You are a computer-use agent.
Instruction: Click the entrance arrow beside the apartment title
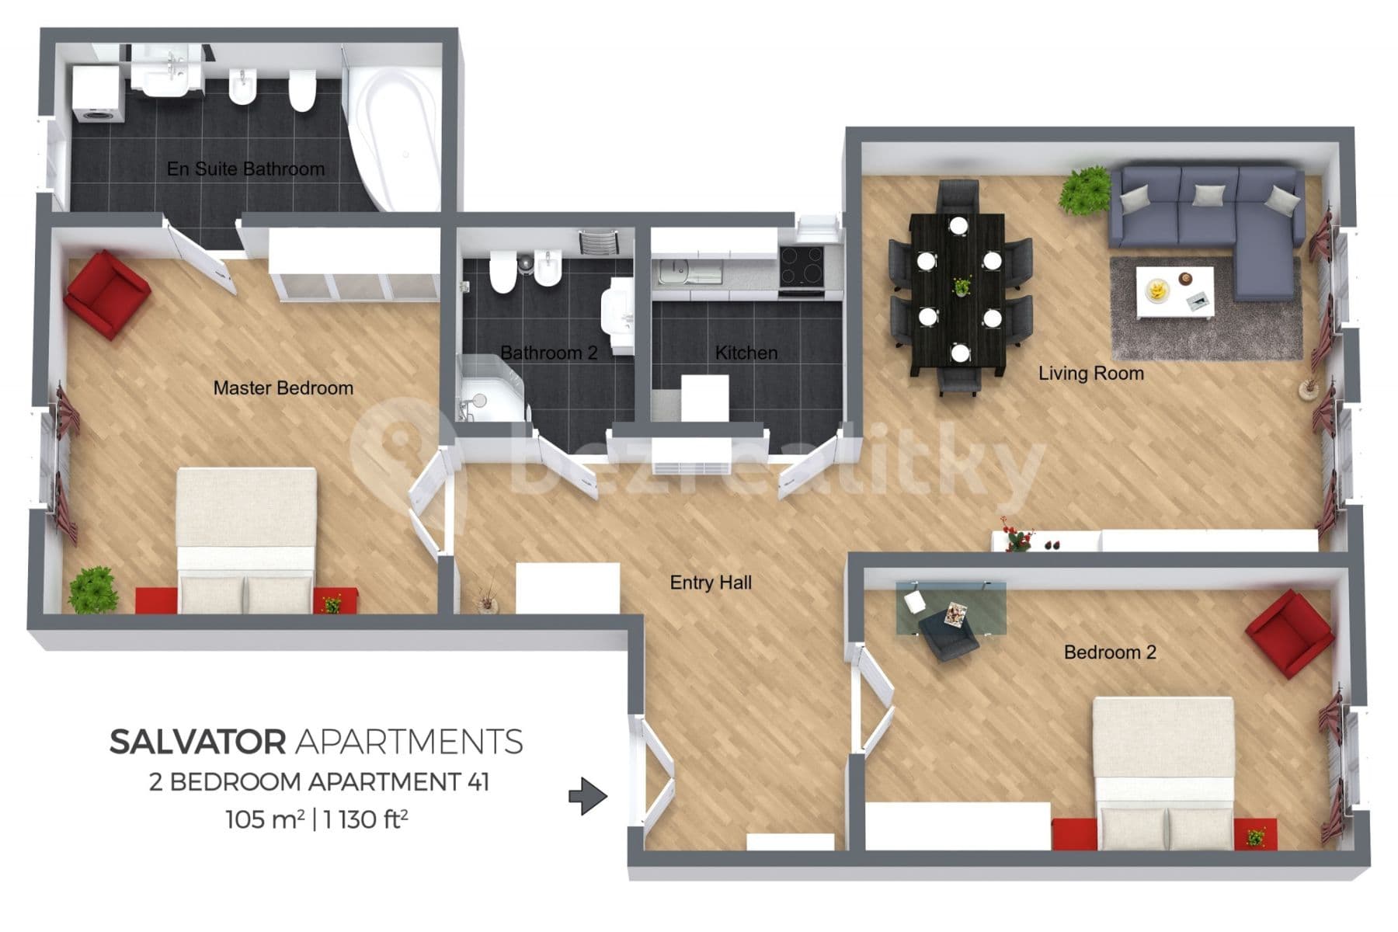(587, 796)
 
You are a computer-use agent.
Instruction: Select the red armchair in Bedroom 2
(1290, 633)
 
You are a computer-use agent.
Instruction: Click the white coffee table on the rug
(1174, 292)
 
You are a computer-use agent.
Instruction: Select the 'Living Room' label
(1090, 374)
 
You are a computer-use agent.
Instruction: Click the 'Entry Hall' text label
(711, 582)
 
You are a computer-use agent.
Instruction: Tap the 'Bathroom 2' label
(548, 353)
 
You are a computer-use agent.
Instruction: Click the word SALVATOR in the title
(197, 742)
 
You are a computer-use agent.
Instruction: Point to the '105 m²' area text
(265, 819)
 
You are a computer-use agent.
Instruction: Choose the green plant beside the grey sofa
(1085, 191)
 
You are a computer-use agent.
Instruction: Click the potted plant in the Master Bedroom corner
(94, 590)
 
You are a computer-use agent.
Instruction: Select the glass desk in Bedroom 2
(951, 608)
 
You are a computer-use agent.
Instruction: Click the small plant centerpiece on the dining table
(962, 287)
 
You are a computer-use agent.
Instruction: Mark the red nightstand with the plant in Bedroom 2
(1255, 835)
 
